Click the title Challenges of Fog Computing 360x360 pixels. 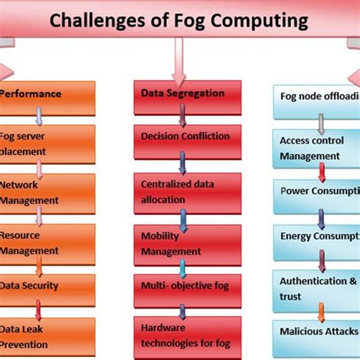point(180,21)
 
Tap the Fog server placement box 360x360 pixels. point(47,142)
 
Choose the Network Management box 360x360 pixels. point(47,192)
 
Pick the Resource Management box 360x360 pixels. point(47,242)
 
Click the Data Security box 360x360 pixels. point(47,287)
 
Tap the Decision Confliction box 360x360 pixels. point(182,136)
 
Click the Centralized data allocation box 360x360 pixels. point(182,191)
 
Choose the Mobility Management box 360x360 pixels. point(182,242)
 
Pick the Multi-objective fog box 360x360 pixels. point(182,286)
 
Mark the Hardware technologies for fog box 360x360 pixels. point(182,335)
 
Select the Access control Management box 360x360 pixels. point(315,147)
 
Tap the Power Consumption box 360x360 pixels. point(315,191)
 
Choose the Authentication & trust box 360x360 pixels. point(315,289)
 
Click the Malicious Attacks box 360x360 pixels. point(315,333)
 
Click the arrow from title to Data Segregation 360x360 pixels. point(178,61)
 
